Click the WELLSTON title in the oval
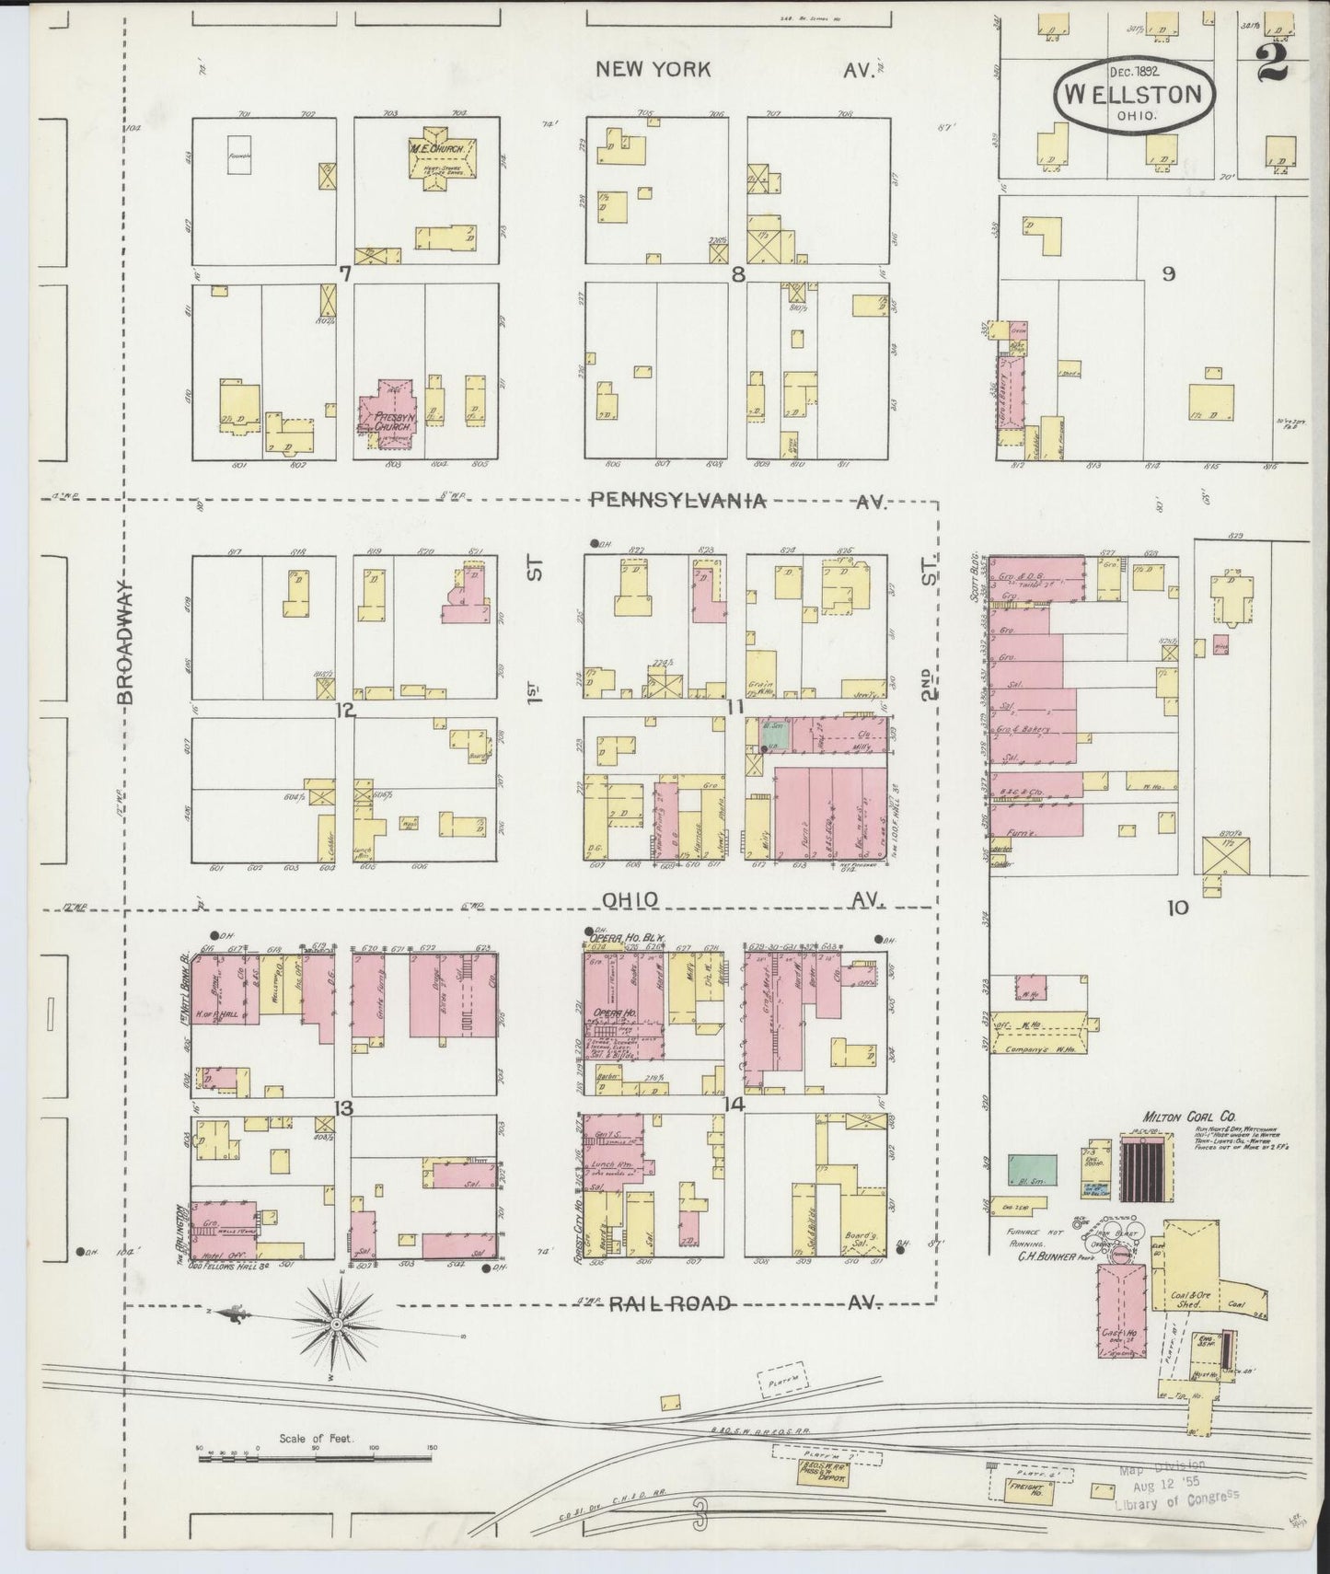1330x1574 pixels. [1133, 94]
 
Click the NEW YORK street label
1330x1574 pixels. [653, 69]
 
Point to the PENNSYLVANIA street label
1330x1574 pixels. [678, 501]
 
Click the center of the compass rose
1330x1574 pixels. [337, 1323]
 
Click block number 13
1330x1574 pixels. [343, 1109]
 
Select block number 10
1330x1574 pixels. [1177, 908]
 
